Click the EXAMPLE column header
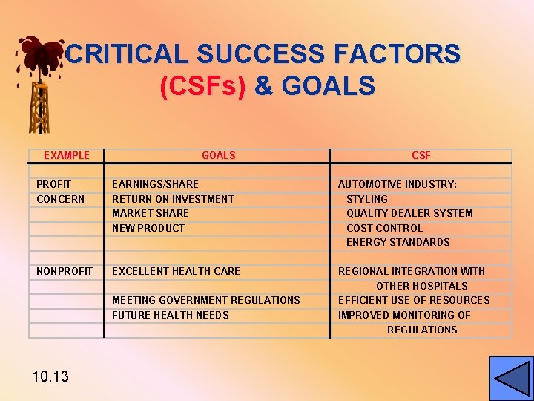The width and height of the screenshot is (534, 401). tap(66, 155)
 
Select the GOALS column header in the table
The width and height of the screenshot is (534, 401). tap(218, 155)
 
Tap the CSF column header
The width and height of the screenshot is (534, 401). tap(421, 155)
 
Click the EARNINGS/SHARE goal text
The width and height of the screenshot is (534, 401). tap(155, 184)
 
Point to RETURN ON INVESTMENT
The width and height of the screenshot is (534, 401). tap(173, 199)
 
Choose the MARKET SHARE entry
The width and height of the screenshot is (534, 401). tap(150, 213)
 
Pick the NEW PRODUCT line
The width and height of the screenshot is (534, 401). tap(148, 228)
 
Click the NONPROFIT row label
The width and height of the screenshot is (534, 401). tap(65, 271)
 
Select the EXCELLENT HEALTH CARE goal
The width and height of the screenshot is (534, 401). tap(176, 271)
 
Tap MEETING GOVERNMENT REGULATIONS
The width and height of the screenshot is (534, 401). tap(205, 300)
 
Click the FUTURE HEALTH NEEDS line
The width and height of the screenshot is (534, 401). tap(170, 315)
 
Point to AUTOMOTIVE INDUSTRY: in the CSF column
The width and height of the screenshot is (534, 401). tap(398, 184)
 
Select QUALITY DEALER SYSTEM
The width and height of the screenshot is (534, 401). tap(409, 213)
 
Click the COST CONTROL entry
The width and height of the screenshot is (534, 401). tap(384, 228)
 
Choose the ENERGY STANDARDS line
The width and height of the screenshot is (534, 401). tap(398, 242)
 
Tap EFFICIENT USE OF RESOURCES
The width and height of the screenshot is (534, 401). tap(414, 300)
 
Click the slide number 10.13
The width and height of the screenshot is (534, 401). tap(50, 376)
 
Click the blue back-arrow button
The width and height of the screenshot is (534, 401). tap(510, 378)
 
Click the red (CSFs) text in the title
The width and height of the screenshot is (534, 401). tap(202, 86)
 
